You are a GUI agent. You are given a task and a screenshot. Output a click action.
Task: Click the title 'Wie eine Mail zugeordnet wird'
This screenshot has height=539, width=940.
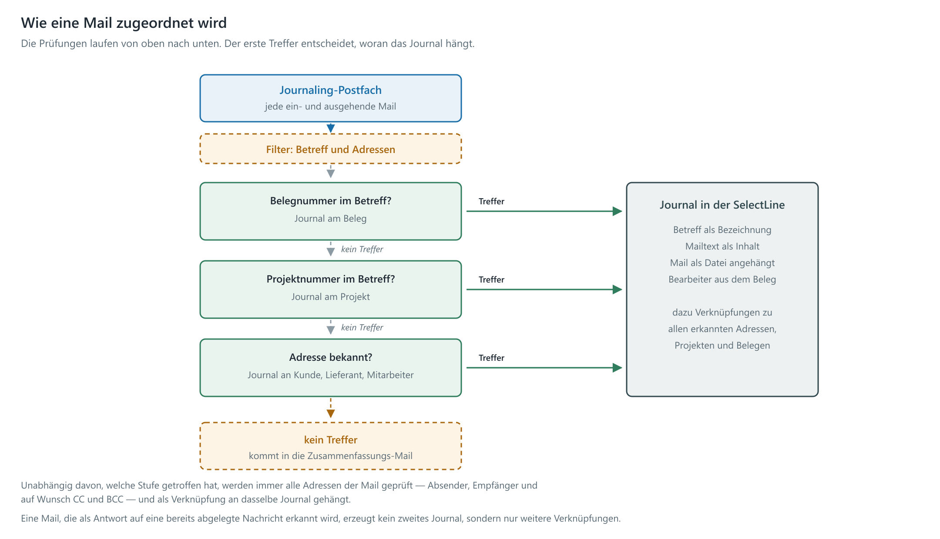124,23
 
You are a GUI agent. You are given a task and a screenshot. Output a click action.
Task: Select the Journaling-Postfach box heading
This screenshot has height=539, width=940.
330,90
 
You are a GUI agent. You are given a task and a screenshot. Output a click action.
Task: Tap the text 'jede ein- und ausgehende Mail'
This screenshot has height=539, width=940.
330,106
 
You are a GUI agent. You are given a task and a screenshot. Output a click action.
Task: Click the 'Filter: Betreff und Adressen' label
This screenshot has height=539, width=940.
330,150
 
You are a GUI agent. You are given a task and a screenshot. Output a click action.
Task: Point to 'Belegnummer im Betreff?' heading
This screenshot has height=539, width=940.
330,201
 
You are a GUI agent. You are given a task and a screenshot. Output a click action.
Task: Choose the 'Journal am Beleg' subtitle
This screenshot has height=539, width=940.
330,219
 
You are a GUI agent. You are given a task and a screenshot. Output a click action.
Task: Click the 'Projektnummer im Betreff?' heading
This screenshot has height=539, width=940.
330,279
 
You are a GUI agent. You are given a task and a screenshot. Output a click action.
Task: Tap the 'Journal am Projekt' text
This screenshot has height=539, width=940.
330,297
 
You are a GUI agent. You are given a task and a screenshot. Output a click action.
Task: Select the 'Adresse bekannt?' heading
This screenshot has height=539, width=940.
330,357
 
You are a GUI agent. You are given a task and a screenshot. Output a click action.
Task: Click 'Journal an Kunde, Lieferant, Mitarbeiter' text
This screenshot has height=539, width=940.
330,375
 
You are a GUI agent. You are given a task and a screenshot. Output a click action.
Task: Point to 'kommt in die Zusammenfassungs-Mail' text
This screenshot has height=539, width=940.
330,456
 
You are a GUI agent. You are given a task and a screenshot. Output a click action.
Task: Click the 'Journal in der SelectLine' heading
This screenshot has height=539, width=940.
722,205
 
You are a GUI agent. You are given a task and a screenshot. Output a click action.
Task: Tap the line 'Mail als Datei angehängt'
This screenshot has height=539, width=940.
722,263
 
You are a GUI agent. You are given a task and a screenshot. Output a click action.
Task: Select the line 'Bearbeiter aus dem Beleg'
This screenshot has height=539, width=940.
722,279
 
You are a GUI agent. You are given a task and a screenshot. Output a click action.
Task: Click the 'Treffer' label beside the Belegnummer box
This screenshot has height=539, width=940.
491,201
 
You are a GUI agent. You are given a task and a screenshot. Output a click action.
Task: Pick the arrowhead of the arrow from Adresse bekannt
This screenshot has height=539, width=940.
617,368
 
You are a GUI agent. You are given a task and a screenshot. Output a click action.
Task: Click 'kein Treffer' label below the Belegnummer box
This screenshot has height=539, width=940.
362,249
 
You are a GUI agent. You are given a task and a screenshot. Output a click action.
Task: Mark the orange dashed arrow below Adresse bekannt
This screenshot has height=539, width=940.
331,408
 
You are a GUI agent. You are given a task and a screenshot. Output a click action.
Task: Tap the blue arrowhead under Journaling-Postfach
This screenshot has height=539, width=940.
331,128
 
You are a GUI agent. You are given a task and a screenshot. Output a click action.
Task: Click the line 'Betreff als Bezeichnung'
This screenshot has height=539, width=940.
722,230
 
